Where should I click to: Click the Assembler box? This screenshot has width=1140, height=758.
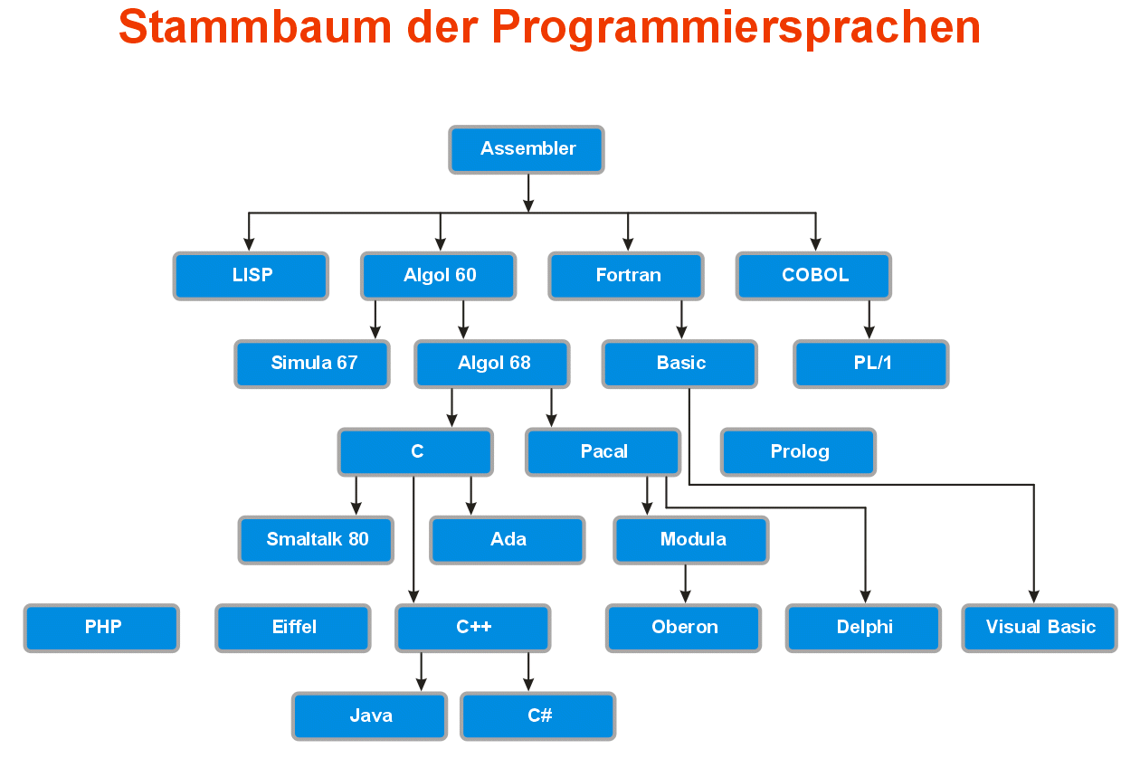point(527,149)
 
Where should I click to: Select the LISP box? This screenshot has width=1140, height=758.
point(251,276)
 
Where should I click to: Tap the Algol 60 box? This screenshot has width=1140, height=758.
point(439,276)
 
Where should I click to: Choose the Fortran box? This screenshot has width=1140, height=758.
point(626,276)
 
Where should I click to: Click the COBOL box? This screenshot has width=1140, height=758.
point(813,276)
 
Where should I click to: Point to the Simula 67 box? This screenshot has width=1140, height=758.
point(312,364)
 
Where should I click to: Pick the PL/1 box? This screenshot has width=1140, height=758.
point(871,364)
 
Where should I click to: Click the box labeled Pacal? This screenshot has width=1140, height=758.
point(603,451)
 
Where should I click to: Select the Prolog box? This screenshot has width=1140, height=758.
point(799,451)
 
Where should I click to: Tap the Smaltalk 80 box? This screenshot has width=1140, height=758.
point(316,540)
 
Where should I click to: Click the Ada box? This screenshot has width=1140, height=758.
point(508,540)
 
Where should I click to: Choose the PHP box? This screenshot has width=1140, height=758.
point(101,628)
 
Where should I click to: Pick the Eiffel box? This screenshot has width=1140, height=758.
point(293,628)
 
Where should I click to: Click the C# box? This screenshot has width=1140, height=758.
point(538,715)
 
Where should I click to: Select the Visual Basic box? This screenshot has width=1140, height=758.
point(1040,628)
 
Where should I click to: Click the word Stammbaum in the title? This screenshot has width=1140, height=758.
point(255,27)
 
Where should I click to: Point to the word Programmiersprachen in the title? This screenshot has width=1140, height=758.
point(736,29)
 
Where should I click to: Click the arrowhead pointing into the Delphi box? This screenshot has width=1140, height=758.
point(866,597)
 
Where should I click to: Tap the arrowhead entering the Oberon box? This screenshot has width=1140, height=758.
point(686,597)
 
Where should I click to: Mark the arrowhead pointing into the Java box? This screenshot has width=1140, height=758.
point(422,685)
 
